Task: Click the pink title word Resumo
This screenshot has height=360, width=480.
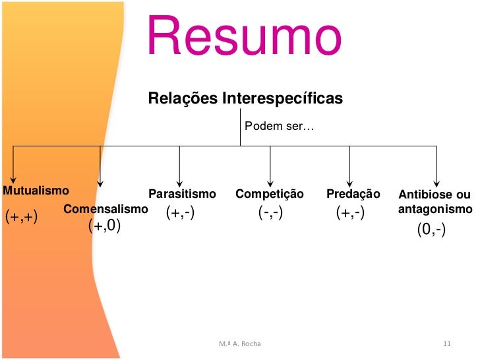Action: coord(244,36)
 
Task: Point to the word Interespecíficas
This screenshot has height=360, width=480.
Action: coord(282,98)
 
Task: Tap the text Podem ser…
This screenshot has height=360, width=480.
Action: coord(276,126)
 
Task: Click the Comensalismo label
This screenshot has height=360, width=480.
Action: coord(105,209)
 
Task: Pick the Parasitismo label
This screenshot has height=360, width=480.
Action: coord(182,194)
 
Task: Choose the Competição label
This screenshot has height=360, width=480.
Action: coord(270,194)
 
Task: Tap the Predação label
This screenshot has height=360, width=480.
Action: coord(353,194)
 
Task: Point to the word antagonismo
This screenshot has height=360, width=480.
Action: coord(435,209)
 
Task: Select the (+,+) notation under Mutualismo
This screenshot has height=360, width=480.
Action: coord(22,217)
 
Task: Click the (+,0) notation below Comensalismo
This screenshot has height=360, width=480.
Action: coord(104,227)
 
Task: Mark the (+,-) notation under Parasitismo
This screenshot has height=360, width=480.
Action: coord(180,213)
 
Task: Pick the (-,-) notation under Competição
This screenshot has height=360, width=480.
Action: coord(270,213)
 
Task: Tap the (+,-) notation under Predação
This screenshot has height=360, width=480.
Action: coord(350,213)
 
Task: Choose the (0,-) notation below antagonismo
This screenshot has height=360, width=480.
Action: coord(431,229)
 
